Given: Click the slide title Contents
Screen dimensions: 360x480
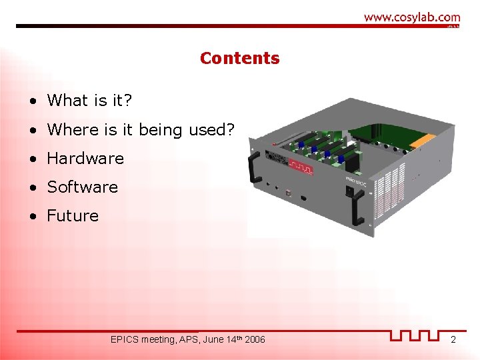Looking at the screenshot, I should pos(239,59).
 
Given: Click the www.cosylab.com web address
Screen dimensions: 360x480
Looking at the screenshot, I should pos(411,17).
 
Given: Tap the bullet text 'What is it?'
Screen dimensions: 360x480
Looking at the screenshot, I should pos(90,101).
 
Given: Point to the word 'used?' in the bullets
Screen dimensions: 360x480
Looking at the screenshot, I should pos(211,129).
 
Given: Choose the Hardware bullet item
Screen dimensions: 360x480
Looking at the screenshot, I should pos(85,159).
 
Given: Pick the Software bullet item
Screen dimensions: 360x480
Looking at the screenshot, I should pos(82,187).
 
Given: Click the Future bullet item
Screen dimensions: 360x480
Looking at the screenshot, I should pos(73,216).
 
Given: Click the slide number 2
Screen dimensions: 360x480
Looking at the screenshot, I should pos(453,340).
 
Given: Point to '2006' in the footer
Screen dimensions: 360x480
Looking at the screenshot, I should pos(255,340).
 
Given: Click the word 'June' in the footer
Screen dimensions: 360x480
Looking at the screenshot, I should pos(213,340).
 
